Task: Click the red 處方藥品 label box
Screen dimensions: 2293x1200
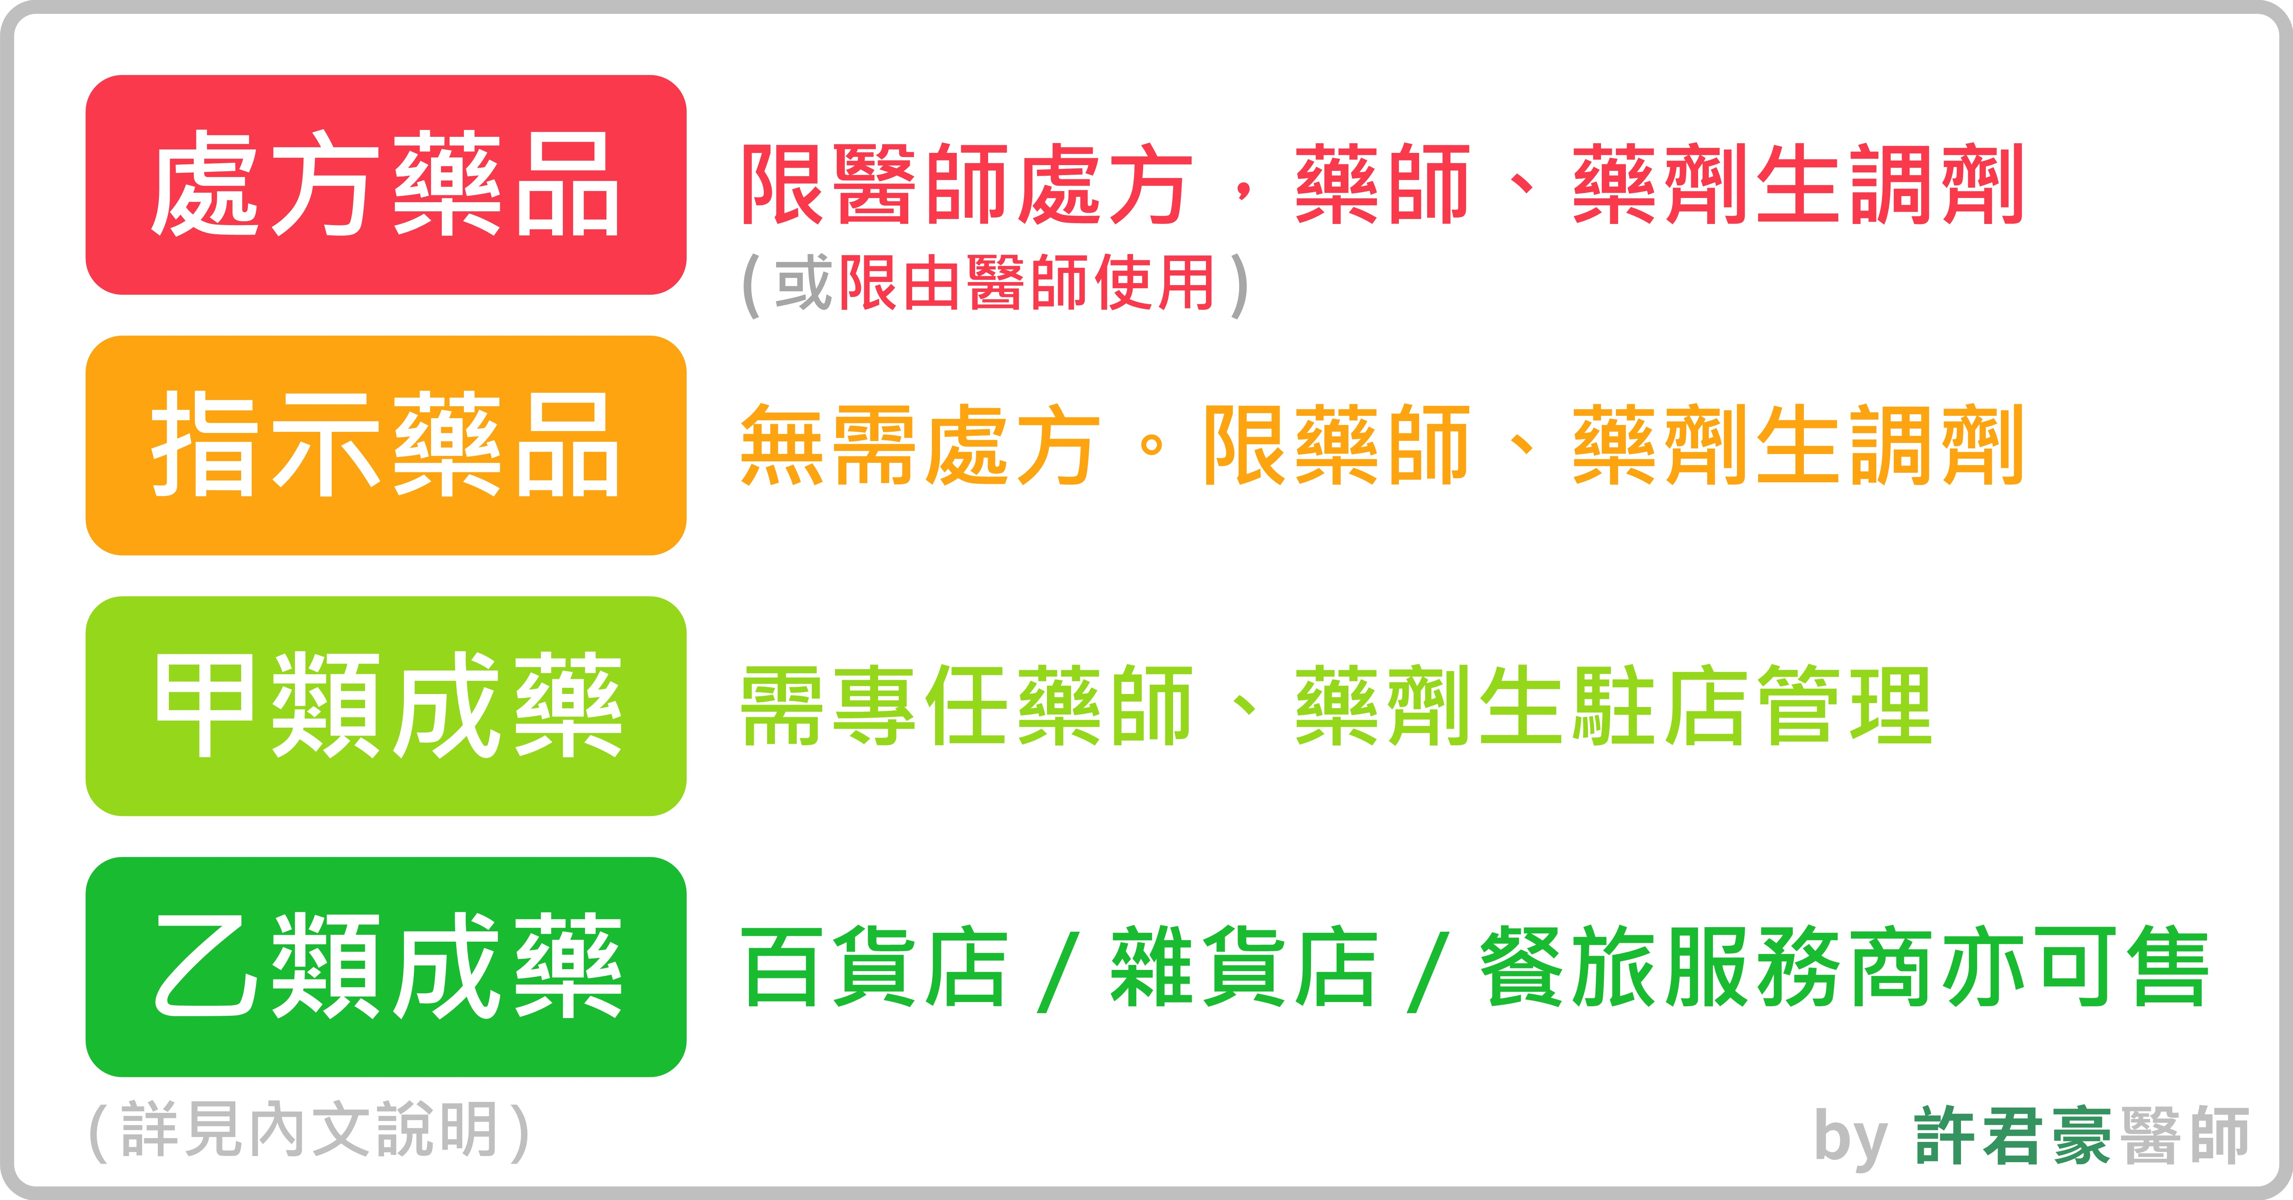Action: tap(386, 185)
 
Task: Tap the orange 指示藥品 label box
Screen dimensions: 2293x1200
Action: tap(386, 445)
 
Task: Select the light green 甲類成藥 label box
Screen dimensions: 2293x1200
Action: tap(386, 706)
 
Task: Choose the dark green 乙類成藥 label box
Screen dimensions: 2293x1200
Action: tap(386, 967)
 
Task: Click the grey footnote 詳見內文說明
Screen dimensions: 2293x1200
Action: tap(309, 1130)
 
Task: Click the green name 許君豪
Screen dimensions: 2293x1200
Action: tap(2012, 1135)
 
